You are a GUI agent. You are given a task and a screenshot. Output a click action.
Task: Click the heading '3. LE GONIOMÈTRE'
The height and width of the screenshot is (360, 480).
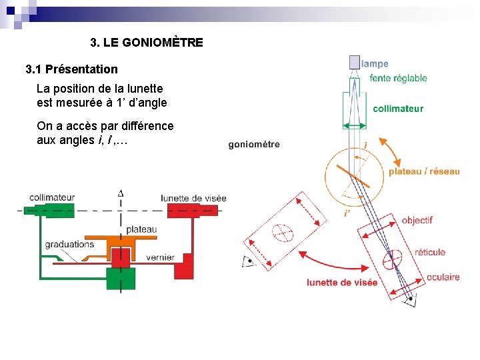coord(147,43)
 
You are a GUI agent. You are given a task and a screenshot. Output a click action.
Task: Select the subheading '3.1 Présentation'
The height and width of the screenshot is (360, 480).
coord(71,69)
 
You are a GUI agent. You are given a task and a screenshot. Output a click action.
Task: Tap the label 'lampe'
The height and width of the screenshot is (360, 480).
coord(375,64)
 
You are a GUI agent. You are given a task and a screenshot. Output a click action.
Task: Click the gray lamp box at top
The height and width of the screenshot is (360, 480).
coord(354,63)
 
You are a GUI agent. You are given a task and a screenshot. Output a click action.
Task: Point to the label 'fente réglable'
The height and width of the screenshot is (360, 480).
coord(398,78)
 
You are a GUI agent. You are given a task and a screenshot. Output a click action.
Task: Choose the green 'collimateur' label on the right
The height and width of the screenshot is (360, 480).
coord(398,109)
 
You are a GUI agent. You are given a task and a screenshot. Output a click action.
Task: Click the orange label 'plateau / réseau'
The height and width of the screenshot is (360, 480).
coord(424,171)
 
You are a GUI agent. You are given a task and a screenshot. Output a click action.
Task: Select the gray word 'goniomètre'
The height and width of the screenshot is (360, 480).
coord(254,144)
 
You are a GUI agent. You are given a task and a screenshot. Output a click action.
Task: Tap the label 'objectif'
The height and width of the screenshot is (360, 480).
coord(417,220)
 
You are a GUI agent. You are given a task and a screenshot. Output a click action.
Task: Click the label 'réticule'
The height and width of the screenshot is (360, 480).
coord(430,252)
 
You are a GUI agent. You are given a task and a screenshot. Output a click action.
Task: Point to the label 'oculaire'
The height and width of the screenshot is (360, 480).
coord(443,277)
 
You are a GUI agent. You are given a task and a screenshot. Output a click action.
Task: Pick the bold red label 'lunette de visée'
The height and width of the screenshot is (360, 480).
coord(342,283)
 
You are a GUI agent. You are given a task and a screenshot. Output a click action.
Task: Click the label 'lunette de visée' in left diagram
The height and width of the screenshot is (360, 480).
coord(193,198)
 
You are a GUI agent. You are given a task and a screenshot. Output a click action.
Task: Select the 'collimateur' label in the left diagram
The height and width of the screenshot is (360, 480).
coord(52,197)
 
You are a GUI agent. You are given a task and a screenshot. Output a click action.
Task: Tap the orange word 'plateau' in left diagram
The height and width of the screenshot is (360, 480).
coord(141,230)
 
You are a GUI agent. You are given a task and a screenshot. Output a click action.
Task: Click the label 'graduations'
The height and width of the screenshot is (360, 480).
coord(69,244)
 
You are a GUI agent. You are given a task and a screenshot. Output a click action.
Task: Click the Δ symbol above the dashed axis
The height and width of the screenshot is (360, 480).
coord(121,193)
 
